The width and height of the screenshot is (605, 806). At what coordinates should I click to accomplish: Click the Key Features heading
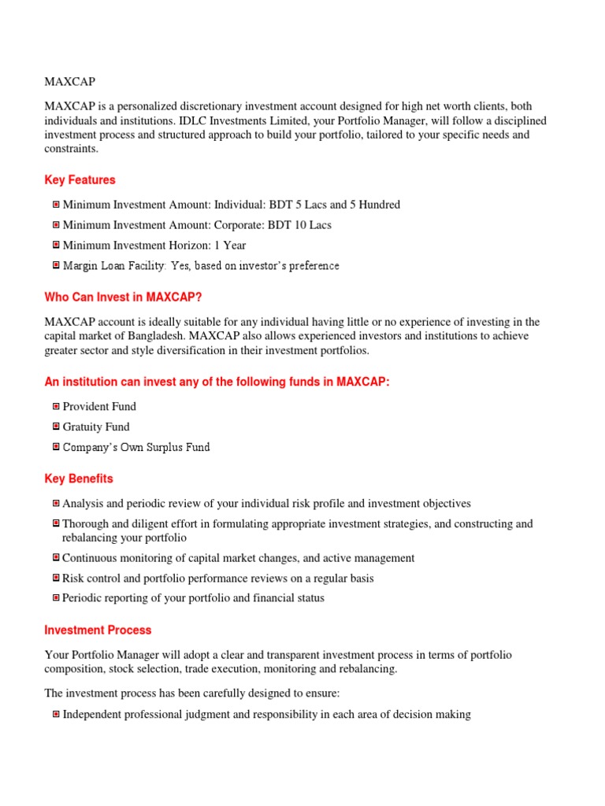(x=80, y=180)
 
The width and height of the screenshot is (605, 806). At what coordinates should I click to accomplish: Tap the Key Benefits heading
(x=79, y=479)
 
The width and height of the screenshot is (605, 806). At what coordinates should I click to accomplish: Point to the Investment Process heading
(x=98, y=630)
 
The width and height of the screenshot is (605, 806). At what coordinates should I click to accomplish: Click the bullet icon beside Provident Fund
(x=56, y=406)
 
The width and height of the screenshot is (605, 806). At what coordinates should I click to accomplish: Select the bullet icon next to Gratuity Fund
(x=56, y=427)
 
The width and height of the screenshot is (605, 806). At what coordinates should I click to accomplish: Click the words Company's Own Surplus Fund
(x=136, y=447)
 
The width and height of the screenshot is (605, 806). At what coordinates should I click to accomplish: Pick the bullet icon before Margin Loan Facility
(x=56, y=266)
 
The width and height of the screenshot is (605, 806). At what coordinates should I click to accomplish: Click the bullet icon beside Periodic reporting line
(x=56, y=598)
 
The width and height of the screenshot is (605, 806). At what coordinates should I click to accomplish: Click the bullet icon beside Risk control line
(x=56, y=579)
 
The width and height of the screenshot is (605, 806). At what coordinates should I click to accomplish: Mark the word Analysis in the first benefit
(x=83, y=504)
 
